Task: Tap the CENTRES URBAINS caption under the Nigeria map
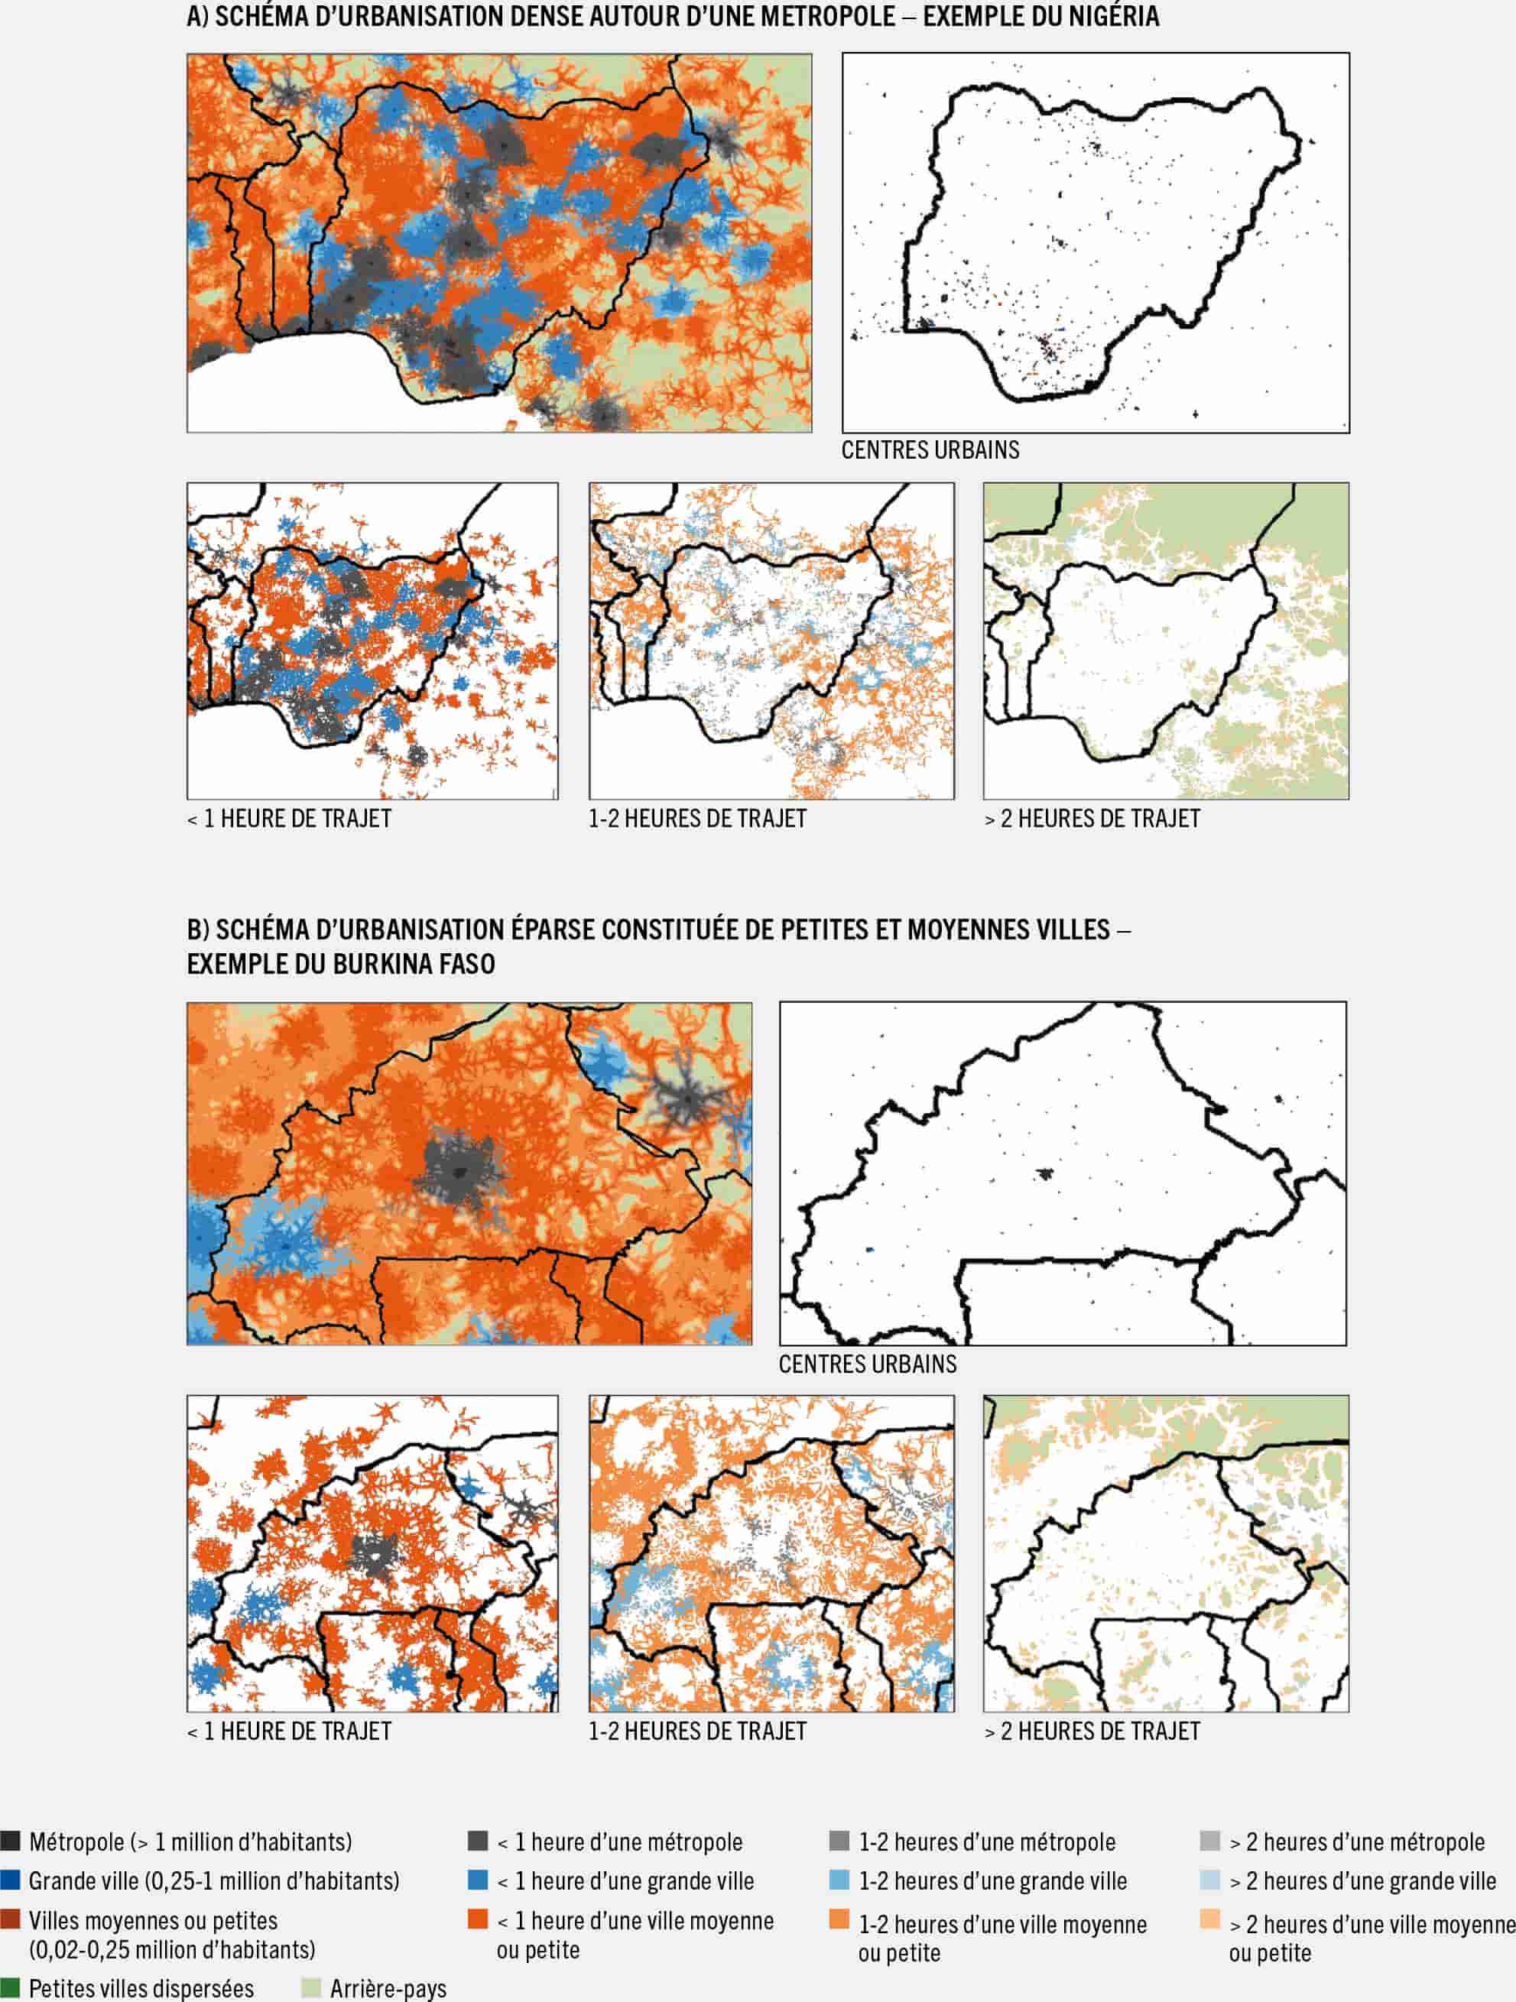pos(930,449)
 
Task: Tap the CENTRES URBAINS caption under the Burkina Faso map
pos(867,1364)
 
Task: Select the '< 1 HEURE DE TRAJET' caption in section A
pos(289,819)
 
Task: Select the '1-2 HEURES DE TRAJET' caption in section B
pos(697,1731)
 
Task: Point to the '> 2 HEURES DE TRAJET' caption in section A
pos(1092,819)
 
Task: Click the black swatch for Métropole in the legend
pos(10,1841)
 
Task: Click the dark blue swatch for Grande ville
pos(10,1880)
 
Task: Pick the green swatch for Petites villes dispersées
pos(10,1987)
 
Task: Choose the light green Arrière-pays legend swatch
pos(310,1987)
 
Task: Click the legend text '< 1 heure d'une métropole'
pos(619,1841)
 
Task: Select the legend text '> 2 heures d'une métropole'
pos(1355,1841)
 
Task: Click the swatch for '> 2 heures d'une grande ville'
pos(1209,1880)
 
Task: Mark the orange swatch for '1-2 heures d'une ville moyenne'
pos(839,1919)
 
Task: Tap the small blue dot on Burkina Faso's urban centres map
pos(870,1249)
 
